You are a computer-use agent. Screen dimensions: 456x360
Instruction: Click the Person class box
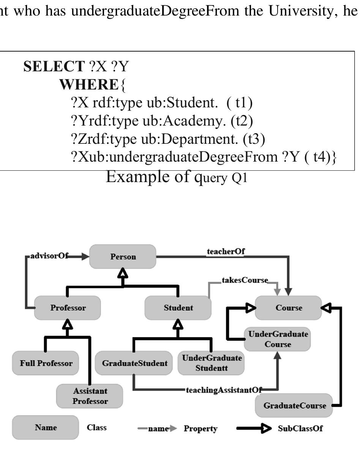point(123,257)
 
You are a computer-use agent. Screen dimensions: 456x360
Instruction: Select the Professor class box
point(68,308)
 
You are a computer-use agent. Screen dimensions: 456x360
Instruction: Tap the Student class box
point(178,308)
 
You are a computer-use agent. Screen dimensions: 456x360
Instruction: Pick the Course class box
point(289,308)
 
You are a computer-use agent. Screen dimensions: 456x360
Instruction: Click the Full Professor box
point(46,363)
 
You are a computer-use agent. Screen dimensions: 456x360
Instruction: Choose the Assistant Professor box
point(90,396)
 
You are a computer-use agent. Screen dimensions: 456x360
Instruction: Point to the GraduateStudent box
point(134,363)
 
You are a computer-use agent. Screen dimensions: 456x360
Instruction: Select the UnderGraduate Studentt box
point(212,363)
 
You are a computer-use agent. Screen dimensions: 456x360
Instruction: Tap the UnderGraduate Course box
point(278,339)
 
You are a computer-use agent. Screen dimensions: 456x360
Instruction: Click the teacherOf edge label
point(226,252)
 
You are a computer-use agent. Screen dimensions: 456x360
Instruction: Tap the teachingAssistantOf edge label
point(224,390)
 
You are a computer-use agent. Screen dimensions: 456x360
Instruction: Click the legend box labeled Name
point(46,428)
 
